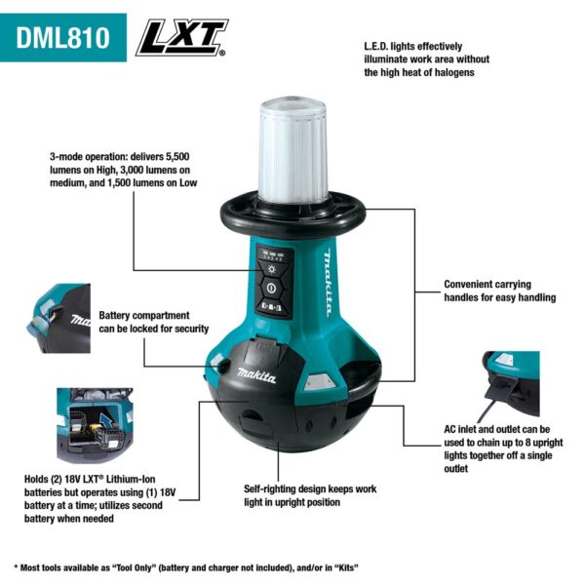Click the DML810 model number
tap(63, 39)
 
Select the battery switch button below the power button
tap(272, 308)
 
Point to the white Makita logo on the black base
tap(255, 377)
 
